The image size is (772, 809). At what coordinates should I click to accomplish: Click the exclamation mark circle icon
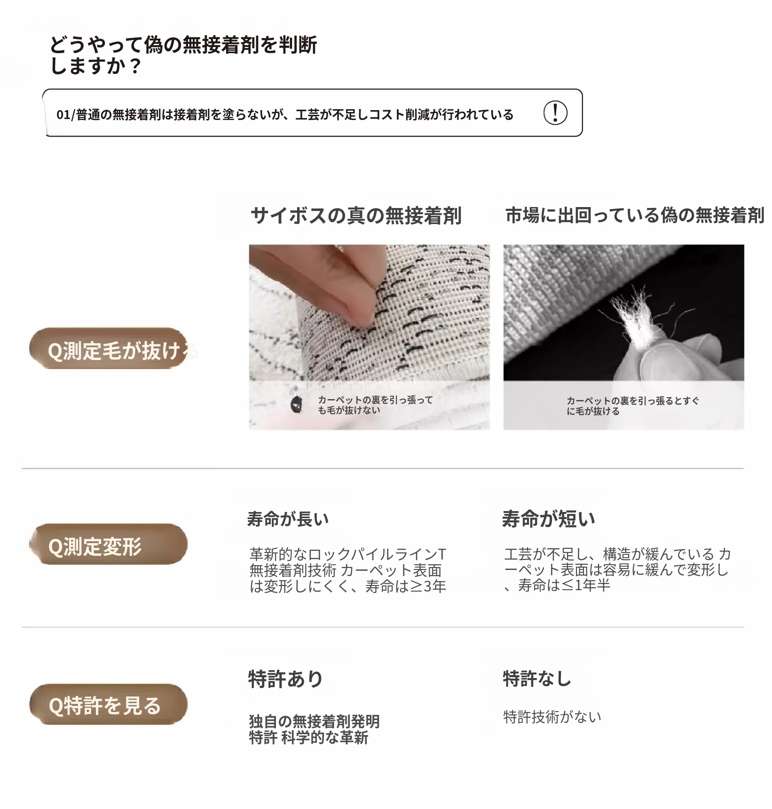(x=555, y=113)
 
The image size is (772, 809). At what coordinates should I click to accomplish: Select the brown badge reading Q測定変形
(x=108, y=544)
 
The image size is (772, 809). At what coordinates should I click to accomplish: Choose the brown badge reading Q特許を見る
(x=108, y=705)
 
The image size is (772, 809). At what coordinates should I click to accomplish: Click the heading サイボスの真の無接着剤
(x=356, y=216)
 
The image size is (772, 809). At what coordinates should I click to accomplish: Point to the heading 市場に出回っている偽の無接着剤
(x=635, y=215)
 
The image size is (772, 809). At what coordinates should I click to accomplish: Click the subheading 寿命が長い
(x=288, y=519)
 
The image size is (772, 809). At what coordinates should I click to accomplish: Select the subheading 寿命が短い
(x=549, y=519)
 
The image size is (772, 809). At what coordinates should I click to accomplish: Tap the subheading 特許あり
(x=285, y=679)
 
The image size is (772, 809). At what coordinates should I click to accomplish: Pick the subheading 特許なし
(x=537, y=679)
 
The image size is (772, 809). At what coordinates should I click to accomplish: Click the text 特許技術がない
(x=552, y=717)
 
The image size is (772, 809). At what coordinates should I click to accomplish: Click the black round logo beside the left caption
(x=297, y=404)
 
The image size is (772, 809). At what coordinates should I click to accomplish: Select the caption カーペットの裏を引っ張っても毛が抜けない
(x=375, y=405)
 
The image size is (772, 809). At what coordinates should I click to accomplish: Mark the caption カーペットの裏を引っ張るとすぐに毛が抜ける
(x=632, y=406)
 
